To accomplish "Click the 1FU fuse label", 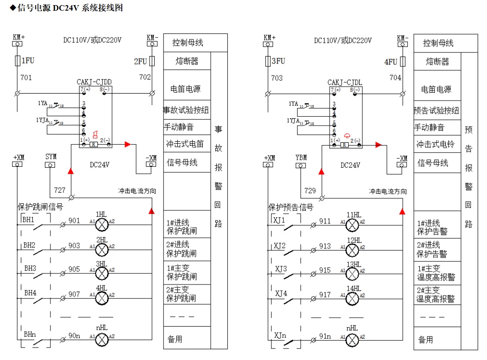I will tap(28, 61).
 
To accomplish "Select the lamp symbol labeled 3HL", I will tap(101, 273).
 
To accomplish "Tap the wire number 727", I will tap(60, 190).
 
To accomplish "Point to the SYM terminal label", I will tap(51, 157).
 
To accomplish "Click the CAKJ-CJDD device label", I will tap(94, 82).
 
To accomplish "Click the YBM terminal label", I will tap(301, 158).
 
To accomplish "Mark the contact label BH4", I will tap(30, 293).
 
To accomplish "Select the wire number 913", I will tap(325, 246).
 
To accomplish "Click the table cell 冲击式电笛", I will tap(187, 144).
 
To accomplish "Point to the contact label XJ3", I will tap(281, 269).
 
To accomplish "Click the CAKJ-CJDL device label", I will tap(345, 82).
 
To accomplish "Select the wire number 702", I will tap(145, 77).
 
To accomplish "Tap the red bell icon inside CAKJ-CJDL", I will tap(346, 136).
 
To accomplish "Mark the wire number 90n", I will tap(75, 335).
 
